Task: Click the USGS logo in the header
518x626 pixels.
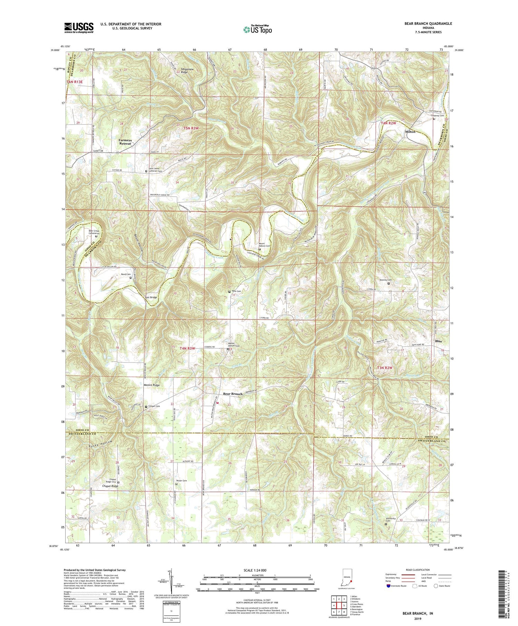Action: (x=79, y=28)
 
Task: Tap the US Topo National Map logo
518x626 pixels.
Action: (x=257, y=29)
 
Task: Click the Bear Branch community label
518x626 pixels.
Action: (x=232, y=394)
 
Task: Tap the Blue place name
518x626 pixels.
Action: (x=439, y=341)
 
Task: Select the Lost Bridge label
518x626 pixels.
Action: (x=151, y=297)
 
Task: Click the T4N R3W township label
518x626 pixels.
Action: (x=187, y=349)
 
